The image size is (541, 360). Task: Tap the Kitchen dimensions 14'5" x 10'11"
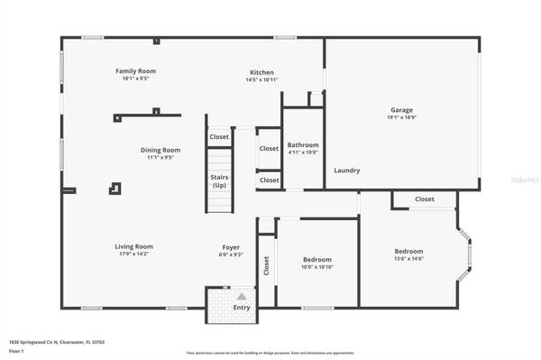pos(261,80)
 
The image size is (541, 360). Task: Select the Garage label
pos(403,110)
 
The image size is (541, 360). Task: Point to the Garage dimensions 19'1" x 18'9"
pos(403,117)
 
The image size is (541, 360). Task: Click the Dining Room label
pos(160,150)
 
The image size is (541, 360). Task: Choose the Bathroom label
pos(303,144)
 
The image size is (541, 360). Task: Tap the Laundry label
pos(347,171)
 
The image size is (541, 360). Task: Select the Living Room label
pos(133,246)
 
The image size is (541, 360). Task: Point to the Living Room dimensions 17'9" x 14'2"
pos(133,254)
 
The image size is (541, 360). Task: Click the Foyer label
pos(232,246)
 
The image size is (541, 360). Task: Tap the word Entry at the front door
pos(242,308)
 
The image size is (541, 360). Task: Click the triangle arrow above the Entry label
pos(242,296)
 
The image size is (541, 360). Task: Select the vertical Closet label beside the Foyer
pos(266,265)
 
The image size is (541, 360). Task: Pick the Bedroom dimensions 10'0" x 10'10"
pos(317,267)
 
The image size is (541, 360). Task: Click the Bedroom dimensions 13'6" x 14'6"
pos(408,259)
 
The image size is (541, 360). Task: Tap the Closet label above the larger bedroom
pos(424,199)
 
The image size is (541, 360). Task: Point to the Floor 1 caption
pos(16,351)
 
